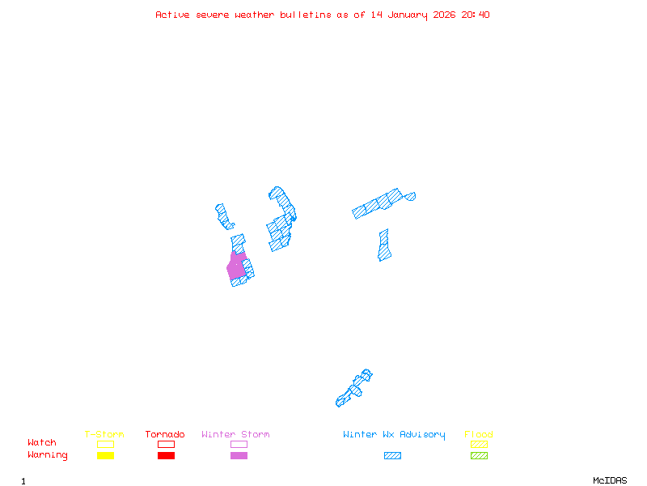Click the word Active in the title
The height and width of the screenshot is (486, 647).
click(173, 15)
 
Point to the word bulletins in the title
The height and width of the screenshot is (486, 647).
click(306, 15)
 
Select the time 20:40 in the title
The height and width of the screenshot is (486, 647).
click(475, 15)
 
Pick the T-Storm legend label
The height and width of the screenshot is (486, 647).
click(104, 435)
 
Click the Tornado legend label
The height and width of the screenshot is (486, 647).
click(165, 435)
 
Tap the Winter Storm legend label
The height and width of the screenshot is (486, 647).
click(235, 435)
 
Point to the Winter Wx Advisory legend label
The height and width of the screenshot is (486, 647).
click(394, 435)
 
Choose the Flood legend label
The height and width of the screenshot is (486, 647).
click(479, 435)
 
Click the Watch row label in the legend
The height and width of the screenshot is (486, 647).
click(42, 443)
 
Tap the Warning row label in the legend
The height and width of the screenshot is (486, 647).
click(48, 455)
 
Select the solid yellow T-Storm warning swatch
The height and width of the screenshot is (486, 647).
click(105, 456)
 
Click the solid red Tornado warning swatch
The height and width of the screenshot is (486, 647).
click(166, 456)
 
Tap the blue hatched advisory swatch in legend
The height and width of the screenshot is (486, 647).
click(392, 456)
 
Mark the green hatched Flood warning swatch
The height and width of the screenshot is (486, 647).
click(479, 456)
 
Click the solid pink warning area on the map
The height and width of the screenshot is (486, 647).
click(236, 266)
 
